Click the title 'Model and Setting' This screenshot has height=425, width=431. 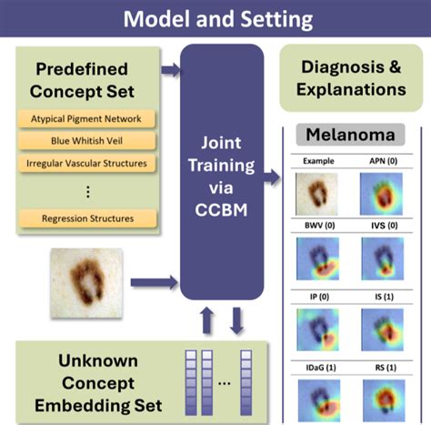215,18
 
